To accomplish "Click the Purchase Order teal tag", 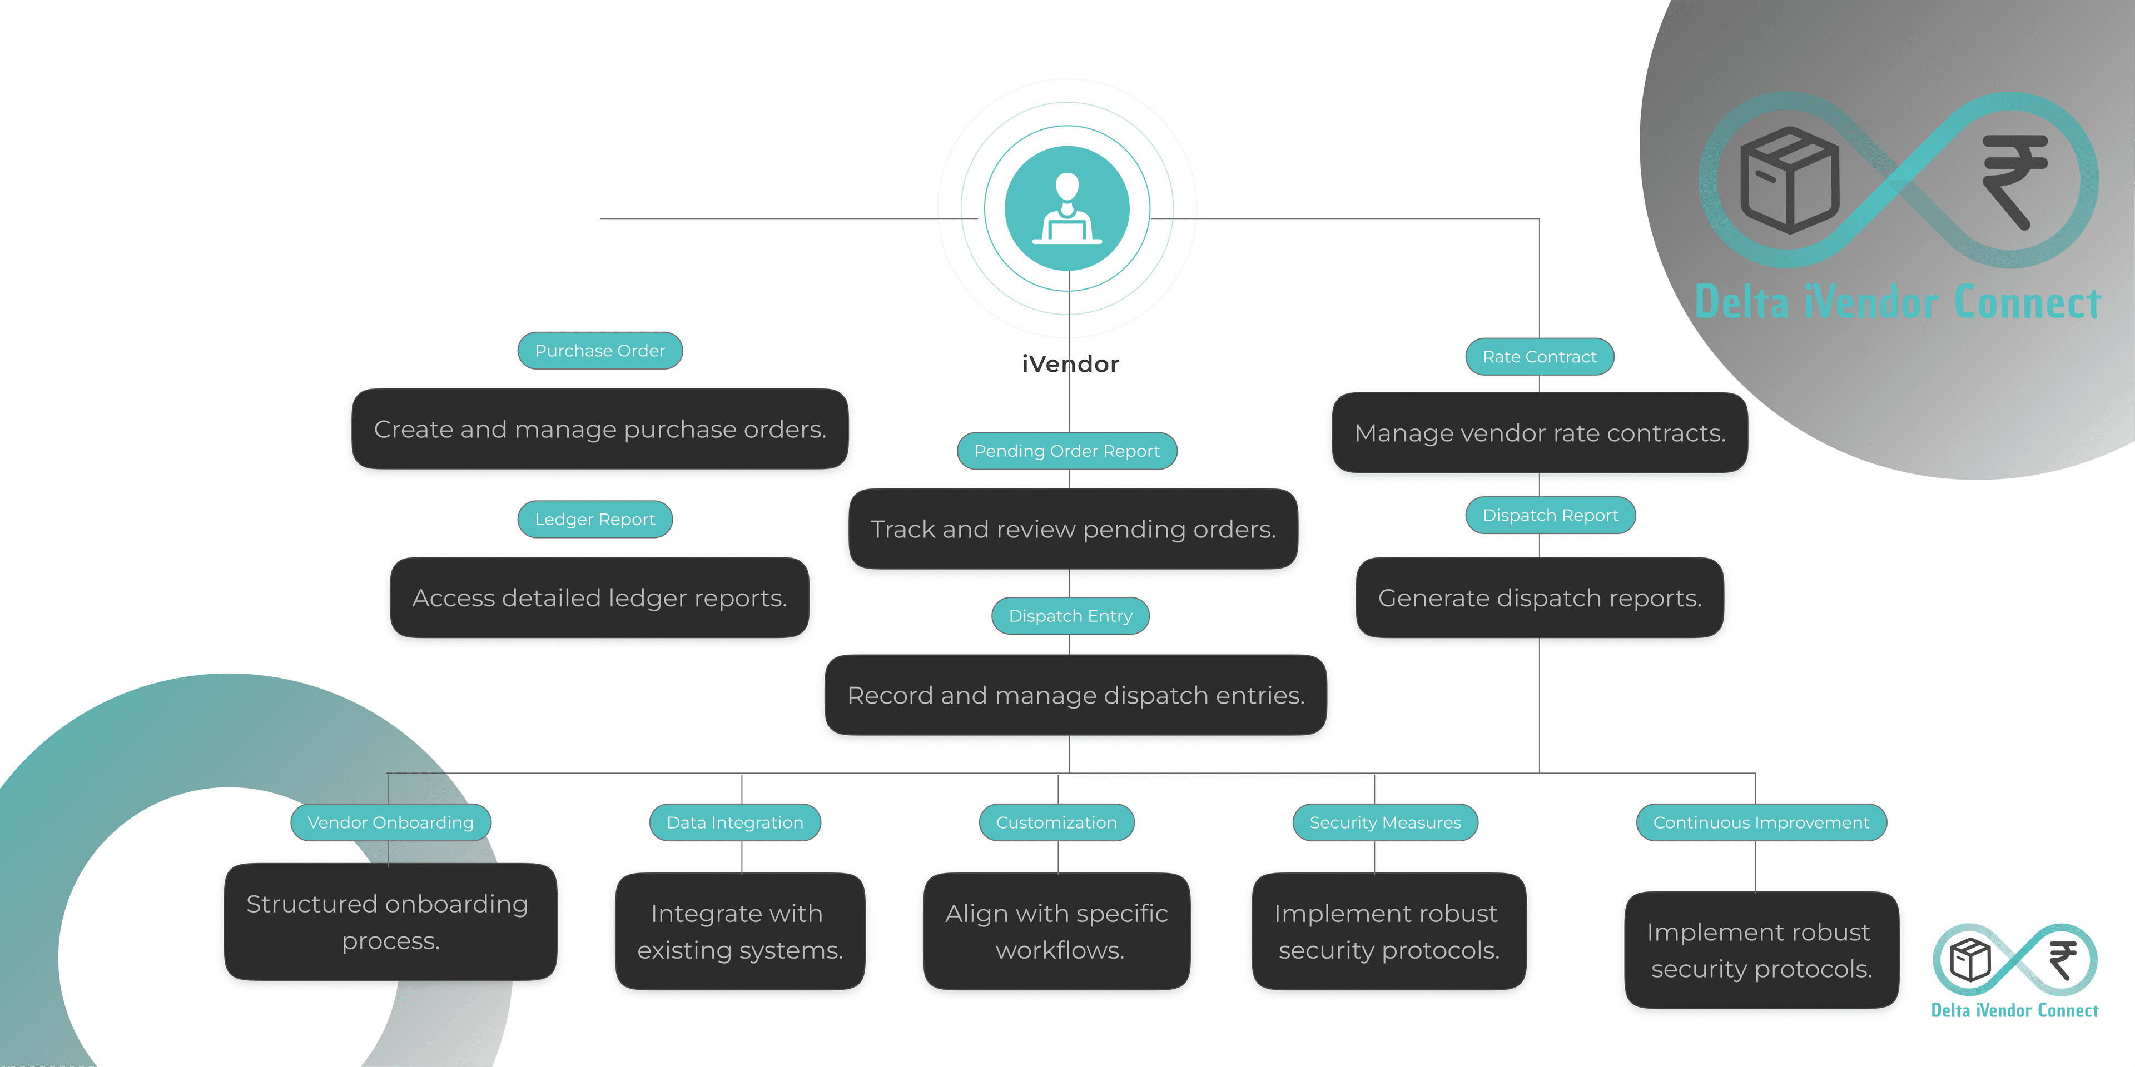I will (x=599, y=351).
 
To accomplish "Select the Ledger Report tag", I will (x=594, y=520).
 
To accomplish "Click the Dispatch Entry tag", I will (x=1069, y=616).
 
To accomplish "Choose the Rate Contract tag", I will (x=1538, y=357).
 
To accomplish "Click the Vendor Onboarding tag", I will (x=390, y=822).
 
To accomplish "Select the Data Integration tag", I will (x=734, y=822).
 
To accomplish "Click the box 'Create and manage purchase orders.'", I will (x=599, y=429).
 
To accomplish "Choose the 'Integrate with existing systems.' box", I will (x=739, y=931).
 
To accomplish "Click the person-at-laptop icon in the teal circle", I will (x=1067, y=209).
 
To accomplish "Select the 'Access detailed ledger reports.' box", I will (x=599, y=597).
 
